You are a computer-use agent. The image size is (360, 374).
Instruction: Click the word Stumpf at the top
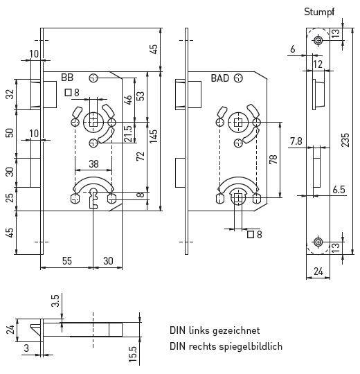tap(319, 12)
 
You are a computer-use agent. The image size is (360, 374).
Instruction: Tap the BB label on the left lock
tap(67, 78)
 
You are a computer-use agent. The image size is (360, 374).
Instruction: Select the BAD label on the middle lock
tap(220, 78)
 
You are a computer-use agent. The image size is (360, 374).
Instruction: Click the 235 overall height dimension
tap(345, 140)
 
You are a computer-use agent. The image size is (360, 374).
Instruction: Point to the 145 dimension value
tap(154, 136)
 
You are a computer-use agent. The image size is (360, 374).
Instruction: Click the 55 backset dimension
tap(67, 261)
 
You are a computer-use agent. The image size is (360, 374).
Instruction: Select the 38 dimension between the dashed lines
tap(93, 164)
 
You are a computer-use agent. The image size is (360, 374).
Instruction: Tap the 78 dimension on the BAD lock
tap(273, 159)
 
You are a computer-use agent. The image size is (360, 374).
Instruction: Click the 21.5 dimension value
tap(128, 134)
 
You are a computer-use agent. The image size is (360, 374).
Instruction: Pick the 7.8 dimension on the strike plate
tap(296, 141)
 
